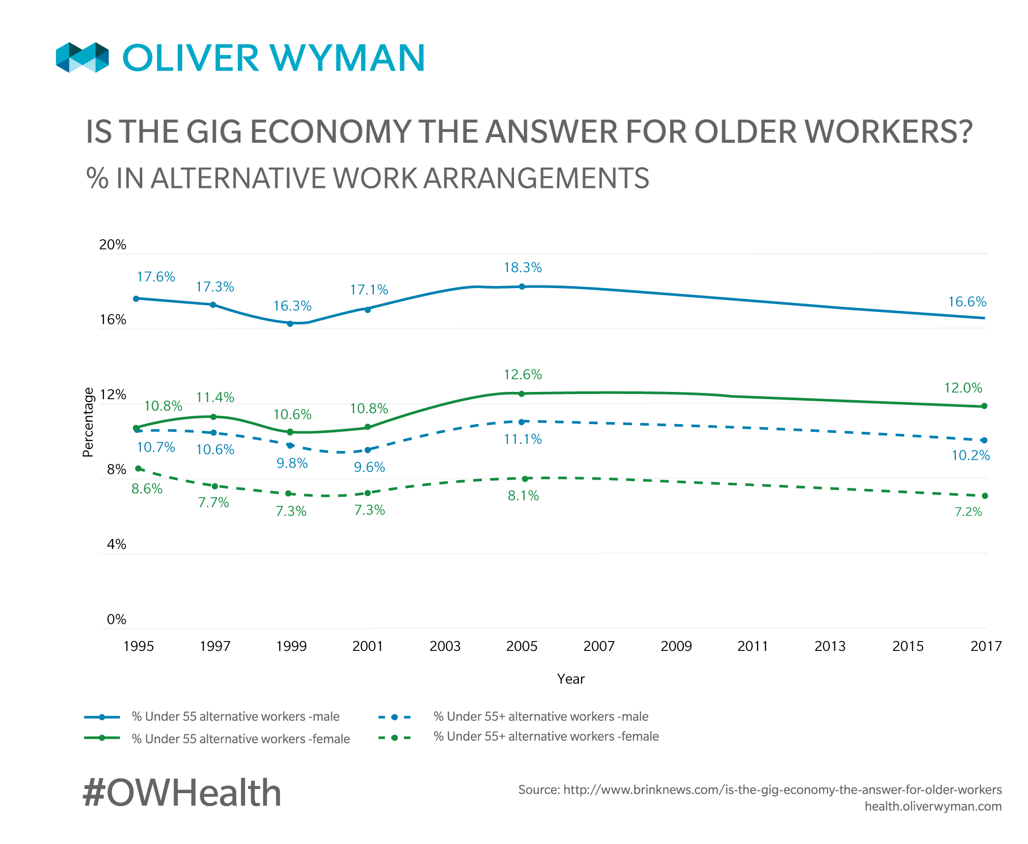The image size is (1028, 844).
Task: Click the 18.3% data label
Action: (x=522, y=268)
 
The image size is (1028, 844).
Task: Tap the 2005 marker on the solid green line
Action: (x=522, y=394)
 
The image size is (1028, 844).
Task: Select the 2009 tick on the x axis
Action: (x=676, y=646)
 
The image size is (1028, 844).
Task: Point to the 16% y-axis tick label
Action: (x=113, y=320)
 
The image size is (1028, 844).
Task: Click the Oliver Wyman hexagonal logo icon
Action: (x=83, y=57)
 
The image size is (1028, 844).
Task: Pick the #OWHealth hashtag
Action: (x=182, y=793)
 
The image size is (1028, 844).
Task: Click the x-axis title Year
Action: (x=571, y=679)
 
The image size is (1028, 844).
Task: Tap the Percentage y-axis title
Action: (x=88, y=422)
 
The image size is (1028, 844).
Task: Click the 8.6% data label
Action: (x=147, y=489)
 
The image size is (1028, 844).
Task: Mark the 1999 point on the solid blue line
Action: (x=290, y=324)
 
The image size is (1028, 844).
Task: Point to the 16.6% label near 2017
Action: (x=967, y=302)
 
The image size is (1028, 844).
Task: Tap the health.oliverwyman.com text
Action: (x=932, y=806)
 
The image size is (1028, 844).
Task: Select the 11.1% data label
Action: (x=523, y=440)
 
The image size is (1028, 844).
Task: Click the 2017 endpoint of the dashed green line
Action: (x=984, y=496)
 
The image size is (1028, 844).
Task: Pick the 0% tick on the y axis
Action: (x=117, y=619)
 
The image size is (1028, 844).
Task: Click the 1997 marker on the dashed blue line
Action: (x=213, y=433)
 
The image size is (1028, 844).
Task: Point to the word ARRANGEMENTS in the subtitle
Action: (x=536, y=178)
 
